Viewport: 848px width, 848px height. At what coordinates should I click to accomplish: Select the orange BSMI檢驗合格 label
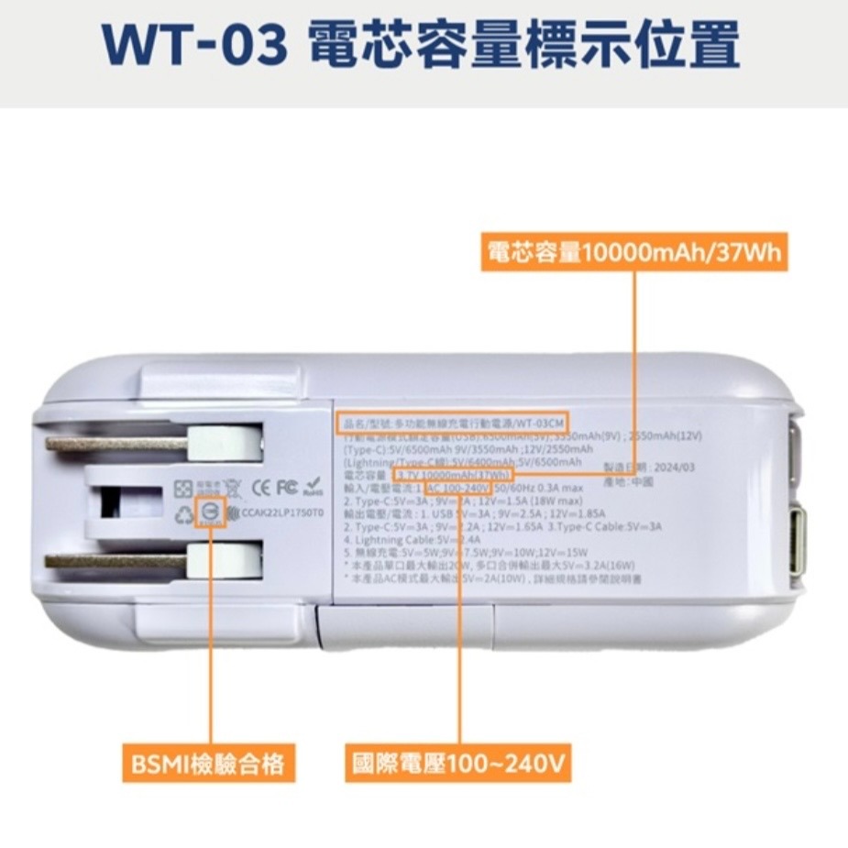coord(208,763)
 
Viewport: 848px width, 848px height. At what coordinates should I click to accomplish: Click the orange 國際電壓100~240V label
coord(460,763)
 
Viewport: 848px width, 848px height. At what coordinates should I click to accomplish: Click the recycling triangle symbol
coord(186,514)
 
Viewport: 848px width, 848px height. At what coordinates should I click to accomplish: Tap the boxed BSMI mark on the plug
coord(212,514)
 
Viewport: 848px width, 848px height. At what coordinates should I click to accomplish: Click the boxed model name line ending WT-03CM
coord(446,423)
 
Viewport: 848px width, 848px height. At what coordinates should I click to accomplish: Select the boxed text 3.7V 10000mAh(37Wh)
coord(453,476)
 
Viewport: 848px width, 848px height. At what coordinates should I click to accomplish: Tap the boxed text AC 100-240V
coord(458,489)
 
